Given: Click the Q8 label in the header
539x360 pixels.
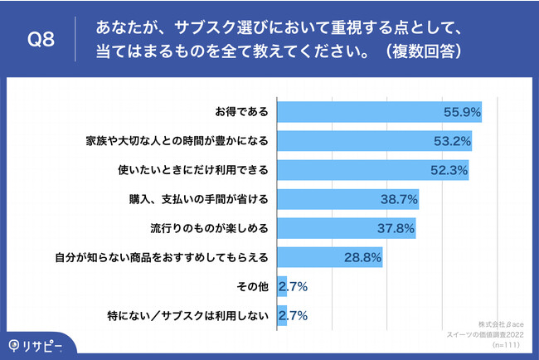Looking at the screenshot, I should (x=41, y=39).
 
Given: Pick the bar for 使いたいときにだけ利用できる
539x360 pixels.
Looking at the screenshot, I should (x=373, y=170).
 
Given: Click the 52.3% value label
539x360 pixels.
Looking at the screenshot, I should (x=450, y=170).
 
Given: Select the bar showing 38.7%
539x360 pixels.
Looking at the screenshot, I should (x=347, y=200).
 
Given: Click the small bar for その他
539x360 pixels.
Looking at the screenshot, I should (x=281, y=287).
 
